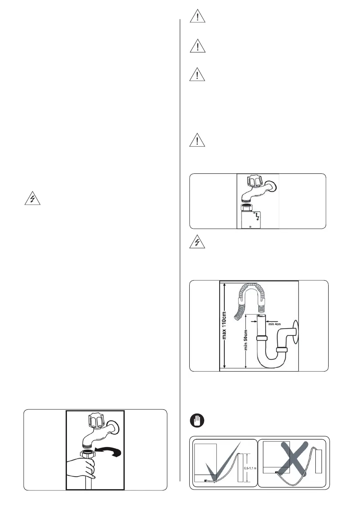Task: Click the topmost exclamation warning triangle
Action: point(197,16)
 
